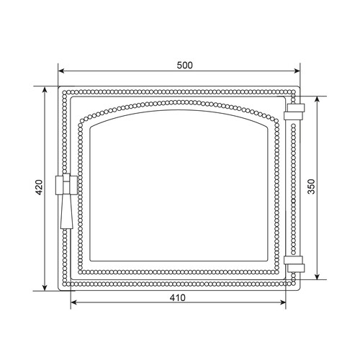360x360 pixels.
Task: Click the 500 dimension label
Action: click(184, 66)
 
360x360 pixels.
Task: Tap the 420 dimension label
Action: click(39, 187)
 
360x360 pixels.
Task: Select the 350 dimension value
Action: click(311, 186)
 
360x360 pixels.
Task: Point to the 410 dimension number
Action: click(178, 298)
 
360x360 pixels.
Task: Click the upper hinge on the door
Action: click(294, 112)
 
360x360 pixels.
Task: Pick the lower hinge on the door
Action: click(294, 264)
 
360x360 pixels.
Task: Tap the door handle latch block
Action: click(66, 185)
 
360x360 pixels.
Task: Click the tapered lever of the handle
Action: click(67, 211)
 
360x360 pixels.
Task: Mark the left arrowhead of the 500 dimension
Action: click(61, 71)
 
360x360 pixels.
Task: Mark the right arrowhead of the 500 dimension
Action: click(297, 71)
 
